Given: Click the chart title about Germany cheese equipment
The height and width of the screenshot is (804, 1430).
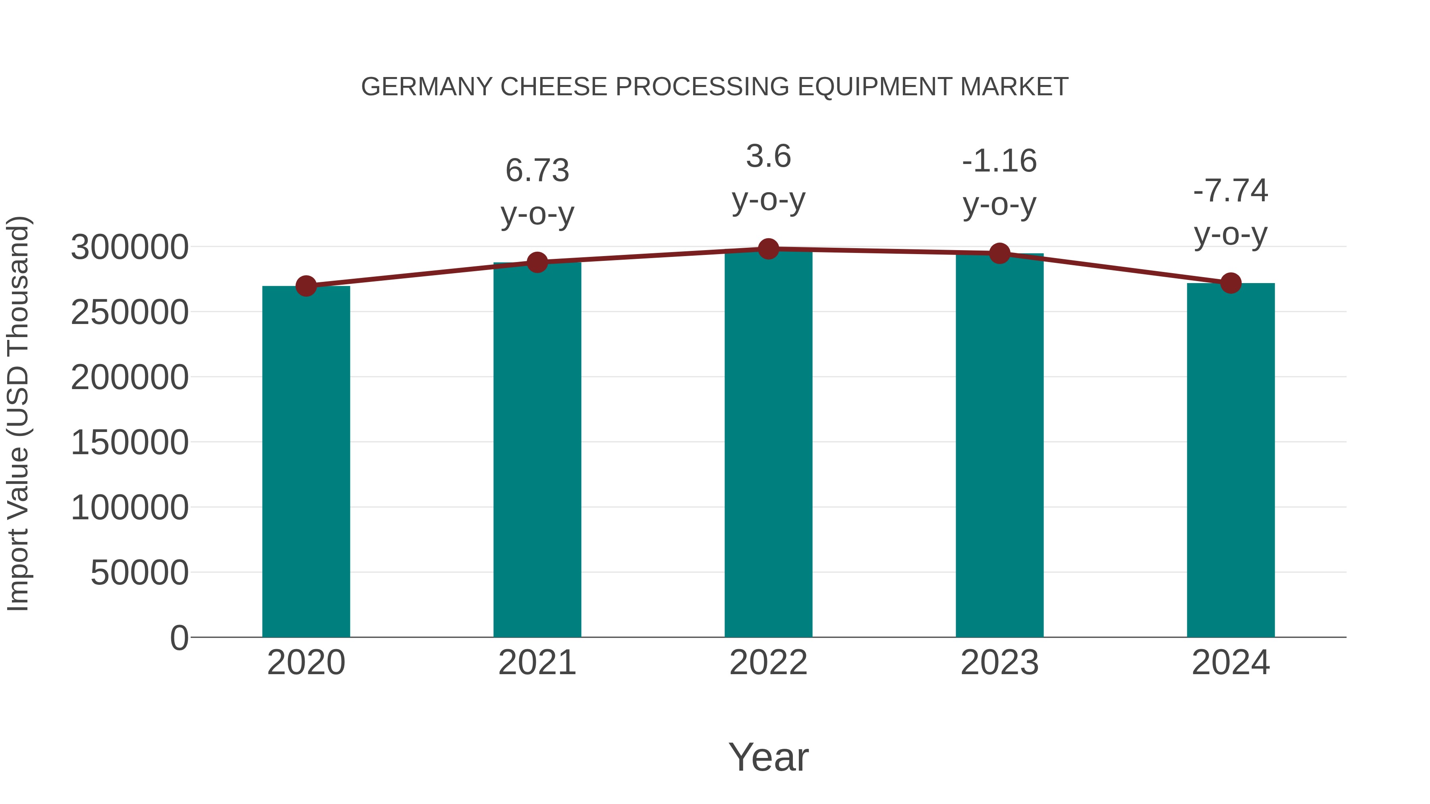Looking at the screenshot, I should point(715,87).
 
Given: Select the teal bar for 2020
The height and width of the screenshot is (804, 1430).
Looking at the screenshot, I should point(306,461).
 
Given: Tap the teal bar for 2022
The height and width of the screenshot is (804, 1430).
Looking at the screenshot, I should point(768,444).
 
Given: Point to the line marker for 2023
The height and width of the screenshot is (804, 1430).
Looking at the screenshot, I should point(999,254).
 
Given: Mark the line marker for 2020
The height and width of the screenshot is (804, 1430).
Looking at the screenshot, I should point(306,286).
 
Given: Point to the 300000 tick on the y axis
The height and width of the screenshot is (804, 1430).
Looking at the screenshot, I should point(129,247).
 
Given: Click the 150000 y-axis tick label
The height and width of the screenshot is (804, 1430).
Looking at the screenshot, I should point(129,442).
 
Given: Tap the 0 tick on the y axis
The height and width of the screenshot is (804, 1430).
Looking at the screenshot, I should point(179,638).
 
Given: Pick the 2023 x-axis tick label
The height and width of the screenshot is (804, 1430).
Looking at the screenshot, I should point(999,663).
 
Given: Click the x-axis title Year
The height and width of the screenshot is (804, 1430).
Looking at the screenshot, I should point(768,757).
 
